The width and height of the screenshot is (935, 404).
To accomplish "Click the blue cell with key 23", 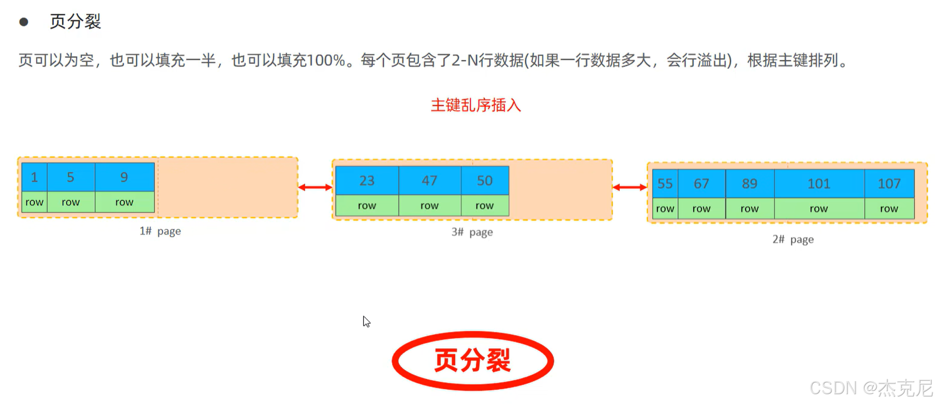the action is [367, 181].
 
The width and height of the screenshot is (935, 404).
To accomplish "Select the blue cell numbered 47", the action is [429, 181].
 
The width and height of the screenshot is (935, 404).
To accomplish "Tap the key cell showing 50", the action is [485, 181].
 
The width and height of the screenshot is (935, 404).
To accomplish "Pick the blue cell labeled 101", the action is [819, 184].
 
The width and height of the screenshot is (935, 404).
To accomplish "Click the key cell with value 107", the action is [889, 184].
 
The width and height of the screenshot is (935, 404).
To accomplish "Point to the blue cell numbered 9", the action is [124, 177].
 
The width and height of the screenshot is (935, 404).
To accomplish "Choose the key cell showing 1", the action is [34, 177].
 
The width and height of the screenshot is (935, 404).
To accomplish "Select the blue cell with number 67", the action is [701, 184].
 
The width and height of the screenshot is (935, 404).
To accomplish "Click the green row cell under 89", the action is [749, 209].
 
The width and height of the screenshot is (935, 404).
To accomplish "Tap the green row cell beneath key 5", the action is [70, 202].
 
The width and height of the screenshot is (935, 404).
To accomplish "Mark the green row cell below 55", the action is [665, 209].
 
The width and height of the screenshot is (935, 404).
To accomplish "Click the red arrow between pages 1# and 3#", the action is [315, 188].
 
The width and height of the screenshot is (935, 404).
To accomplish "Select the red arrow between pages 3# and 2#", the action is [629, 188].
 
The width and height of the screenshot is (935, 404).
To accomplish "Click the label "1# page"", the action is [160, 231].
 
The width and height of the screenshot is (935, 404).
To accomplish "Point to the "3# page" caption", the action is [472, 232].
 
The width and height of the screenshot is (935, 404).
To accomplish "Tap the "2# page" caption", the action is [793, 240].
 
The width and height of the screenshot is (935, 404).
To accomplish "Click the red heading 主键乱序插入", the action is [475, 105].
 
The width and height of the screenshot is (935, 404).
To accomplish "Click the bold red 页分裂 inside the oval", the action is [472, 361].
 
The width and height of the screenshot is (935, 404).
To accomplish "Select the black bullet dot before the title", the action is [24, 22].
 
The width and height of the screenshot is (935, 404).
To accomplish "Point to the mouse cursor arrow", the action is [366, 321].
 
